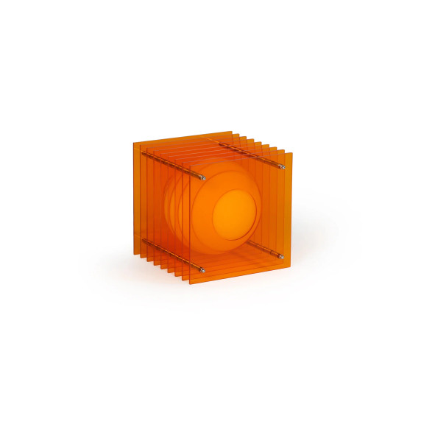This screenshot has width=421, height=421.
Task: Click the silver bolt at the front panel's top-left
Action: coord(202,177)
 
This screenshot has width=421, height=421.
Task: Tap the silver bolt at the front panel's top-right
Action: coord(280,168)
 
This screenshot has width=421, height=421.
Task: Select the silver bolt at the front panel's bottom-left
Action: coord(202,268)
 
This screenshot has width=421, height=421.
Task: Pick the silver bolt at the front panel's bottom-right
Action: coord(280,256)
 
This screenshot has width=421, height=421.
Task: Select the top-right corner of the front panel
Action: coord(292,153)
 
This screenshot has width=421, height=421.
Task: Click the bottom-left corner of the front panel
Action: coord(190,284)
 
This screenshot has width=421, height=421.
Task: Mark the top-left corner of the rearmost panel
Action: coord(134,142)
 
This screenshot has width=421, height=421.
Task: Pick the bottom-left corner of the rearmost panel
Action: coord(134,254)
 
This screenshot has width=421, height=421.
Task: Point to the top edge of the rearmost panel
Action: coord(184,138)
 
